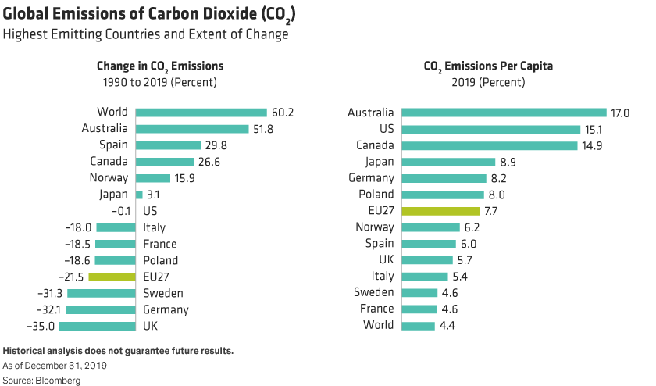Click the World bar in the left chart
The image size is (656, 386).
pos(201,113)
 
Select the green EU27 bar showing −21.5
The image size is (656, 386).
pos(112,277)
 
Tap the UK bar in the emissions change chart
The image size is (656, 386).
pos(98,326)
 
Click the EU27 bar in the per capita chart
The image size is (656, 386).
pos(440,211)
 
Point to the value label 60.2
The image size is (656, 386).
pos(284,113)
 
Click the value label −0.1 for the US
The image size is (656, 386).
pos(123,211)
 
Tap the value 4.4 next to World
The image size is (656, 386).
pos(448,325)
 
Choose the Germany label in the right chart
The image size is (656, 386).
pos(372,178)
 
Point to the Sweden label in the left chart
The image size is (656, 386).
pos(163,293)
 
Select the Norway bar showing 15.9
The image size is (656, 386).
pos(153,177)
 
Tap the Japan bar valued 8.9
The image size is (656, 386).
pos(448,162)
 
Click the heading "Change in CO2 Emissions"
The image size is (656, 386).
pos(160,66)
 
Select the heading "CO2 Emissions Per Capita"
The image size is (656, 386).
pos(488,66)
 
